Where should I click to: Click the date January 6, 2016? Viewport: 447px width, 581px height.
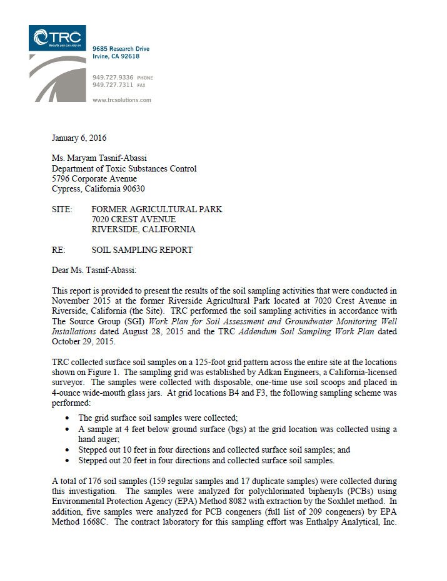(x=79, y=138)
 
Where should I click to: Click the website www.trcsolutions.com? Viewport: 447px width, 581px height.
(x=121, y=100)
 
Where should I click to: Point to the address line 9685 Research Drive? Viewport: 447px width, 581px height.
(x=121, y=49)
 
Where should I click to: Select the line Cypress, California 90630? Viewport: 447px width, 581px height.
(x=103, y=189)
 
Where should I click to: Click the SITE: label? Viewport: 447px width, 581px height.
(x=62, y=210)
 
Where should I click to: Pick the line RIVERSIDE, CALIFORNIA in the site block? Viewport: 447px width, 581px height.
(x=143, y=230)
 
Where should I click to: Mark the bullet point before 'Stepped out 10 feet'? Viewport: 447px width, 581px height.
(x=68, y=450)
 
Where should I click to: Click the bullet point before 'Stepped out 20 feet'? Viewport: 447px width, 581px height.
(x=68, y=461)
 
